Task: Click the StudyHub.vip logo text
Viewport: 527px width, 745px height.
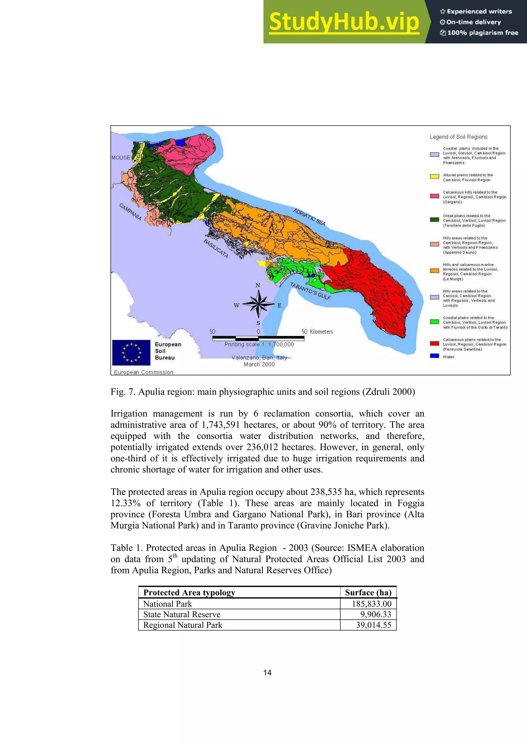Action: point(344,22)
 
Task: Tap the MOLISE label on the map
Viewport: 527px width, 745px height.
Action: point(121,158)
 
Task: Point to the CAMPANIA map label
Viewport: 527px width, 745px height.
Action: point(130,212)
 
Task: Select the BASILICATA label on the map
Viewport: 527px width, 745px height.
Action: point(216,249)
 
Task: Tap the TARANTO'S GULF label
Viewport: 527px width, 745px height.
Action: point(310,291)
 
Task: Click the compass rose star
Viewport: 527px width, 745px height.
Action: point(258,304)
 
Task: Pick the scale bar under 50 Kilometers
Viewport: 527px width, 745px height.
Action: point(258,338)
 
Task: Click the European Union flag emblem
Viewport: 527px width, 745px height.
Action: point(131,352)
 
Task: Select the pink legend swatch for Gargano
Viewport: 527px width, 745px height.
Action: point(434,196)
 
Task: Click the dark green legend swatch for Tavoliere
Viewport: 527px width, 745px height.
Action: point(434,220)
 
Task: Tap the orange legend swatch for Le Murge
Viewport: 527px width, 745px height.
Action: point(434,271)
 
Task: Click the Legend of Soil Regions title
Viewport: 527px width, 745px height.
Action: point(459,137)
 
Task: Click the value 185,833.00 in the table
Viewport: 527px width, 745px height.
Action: point(372,604)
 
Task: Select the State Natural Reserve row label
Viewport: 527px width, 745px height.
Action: point(182,615)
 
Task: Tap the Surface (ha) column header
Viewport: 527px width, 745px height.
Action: point(368,593)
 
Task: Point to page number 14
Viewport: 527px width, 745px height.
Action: point(267,673)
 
